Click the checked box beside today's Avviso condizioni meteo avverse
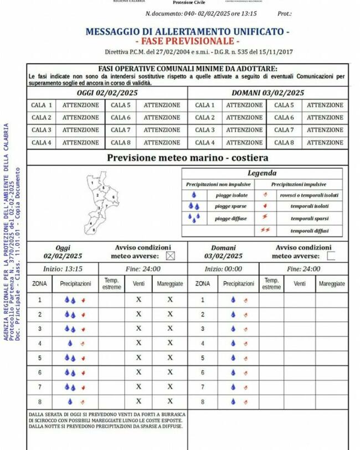click(x=170, y=256)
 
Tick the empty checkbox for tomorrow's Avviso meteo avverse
click(x=331, y=256)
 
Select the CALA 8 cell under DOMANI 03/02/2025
click(x=284, y=142)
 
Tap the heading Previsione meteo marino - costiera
click(x=187, y=158)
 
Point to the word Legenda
click(x=262, y=173)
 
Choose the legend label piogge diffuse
click(x=232, y=219)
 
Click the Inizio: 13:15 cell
click(x=63, y=269)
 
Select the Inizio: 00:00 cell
click(x=223, y=269)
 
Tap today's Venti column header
click(x=138, y=283)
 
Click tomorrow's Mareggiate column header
click(x=332, y=283)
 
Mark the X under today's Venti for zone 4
click(x=138, y=343)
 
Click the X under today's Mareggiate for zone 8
click(x=170, y=401)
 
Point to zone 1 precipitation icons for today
click(x=75, y=300)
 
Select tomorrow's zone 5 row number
click(x=202, y=358)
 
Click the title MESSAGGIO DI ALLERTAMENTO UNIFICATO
click(x=187, y=32)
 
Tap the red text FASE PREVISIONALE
click(x=187, y=42)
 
